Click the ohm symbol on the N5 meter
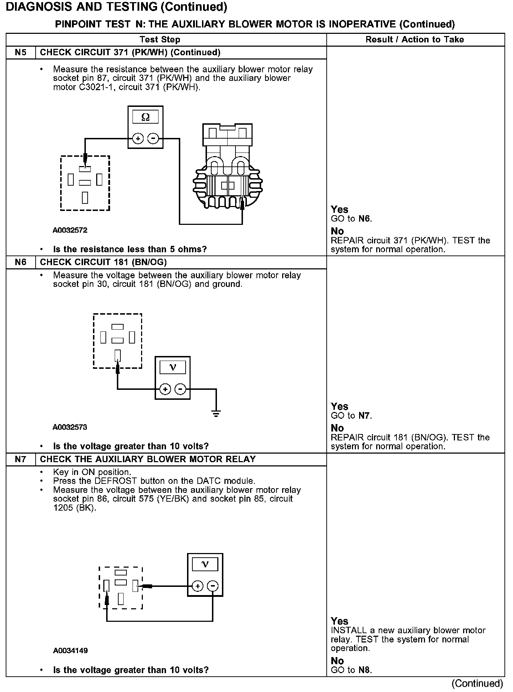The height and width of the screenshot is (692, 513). [145, 117]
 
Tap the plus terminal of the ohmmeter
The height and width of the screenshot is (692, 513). [138, 138]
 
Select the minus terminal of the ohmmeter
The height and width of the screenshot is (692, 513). [153, 138]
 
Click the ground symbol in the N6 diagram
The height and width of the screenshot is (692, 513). [216, 414]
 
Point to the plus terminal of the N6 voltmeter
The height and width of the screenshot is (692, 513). [165, 389]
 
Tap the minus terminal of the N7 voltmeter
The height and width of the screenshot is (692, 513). [213, 586]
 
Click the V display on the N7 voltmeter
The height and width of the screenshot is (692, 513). [205, 564]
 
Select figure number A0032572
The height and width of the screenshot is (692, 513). [70, 230]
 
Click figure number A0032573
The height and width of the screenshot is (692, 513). [70, 427]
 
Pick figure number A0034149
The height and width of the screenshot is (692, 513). [71, 651]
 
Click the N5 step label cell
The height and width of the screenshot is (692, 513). [21, 53]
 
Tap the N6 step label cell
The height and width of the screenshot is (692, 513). [21, 263]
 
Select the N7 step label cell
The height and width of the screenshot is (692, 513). [21, 459]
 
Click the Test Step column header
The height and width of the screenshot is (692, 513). [160, 40]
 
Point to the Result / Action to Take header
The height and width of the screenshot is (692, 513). [415, 40]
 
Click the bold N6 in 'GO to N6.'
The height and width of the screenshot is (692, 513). [364, 219]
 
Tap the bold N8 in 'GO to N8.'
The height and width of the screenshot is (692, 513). [364, 670]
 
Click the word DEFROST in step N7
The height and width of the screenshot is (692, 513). [116, 481]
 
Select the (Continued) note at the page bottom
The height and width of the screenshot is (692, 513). [477, 683]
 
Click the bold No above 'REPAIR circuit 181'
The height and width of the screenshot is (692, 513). [337, 428]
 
